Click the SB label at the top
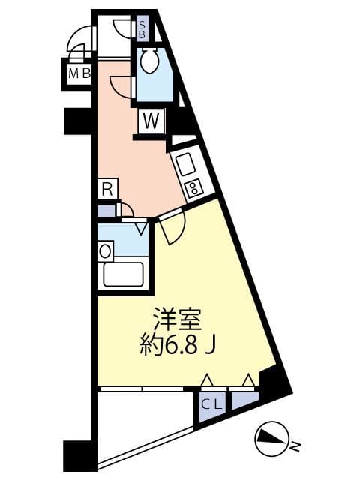pos(142,29)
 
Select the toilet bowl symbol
pos(148,62)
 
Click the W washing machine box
pos(150,120)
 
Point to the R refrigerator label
pos(107,188)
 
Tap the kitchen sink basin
pos(184,163)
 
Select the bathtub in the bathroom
pos(123,274)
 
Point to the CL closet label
pos(211,403)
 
